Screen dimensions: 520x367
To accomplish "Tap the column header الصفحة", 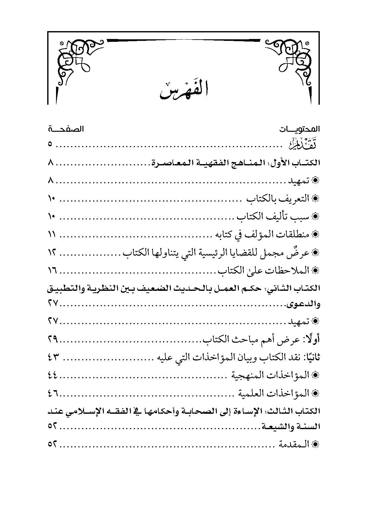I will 66,129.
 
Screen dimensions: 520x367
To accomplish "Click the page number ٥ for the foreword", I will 50,145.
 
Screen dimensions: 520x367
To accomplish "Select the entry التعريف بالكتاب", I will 278,199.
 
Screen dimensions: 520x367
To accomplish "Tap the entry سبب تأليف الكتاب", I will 274,217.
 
